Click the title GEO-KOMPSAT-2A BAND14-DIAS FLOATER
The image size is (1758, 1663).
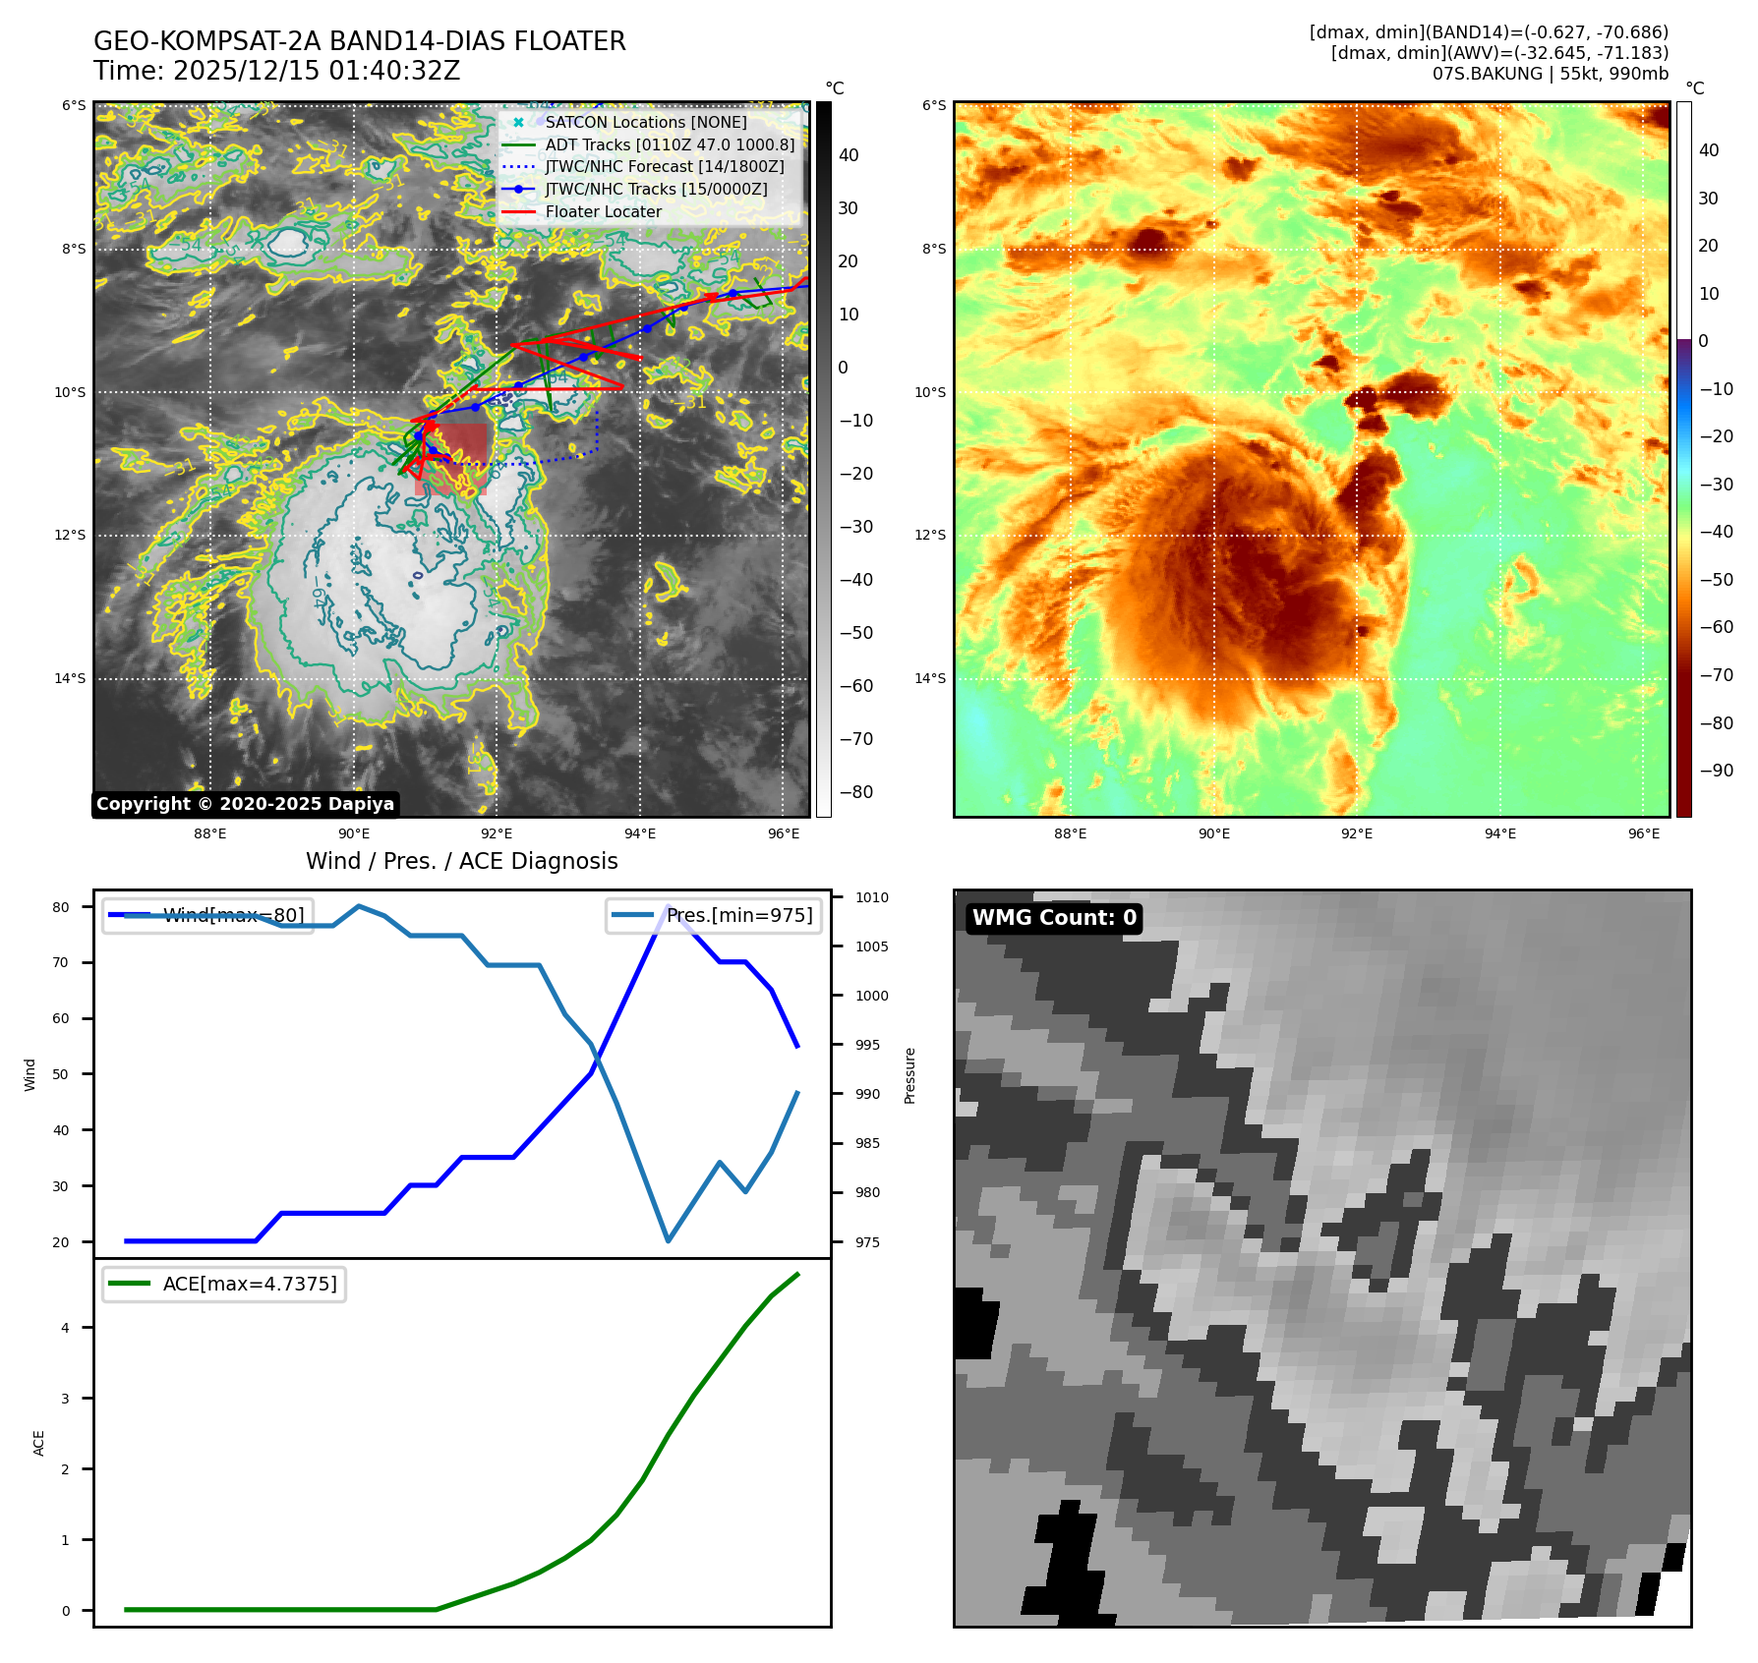[x=359, y=41]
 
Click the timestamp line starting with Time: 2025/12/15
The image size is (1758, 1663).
[x=276, y=71]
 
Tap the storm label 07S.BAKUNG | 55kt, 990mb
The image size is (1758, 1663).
[x=1550, y=74]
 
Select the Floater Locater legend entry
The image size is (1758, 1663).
[x=603, y=211]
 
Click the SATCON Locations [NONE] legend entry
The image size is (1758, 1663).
[x=645, y=122]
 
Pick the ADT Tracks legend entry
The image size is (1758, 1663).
[x=669, y=144]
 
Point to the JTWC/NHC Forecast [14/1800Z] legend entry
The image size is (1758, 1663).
[x=664, y=166]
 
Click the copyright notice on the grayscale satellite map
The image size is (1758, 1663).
[x=245, y=804]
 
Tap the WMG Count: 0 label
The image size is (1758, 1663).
[x=1054, y=917]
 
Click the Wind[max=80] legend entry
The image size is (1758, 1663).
[x=233, y=915]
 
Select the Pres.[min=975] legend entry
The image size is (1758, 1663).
[x=738, y=915]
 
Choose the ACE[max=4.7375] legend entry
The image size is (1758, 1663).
[x=249, y=1284]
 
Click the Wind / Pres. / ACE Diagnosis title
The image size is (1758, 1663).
[x=461, y=861]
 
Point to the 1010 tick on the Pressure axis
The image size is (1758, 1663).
[x=871, y=897]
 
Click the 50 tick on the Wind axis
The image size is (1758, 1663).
[x=61, y=1074]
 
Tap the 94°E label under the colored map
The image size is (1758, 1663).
[x=1499, y=833]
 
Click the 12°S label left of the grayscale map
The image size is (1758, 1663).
[x=70, y=535]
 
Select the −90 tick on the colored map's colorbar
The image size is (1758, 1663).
[x=1716, y=771]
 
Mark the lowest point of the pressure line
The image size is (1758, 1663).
[x=669, y=1240]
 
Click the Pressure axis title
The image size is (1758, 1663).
[x=910, y=1075]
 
